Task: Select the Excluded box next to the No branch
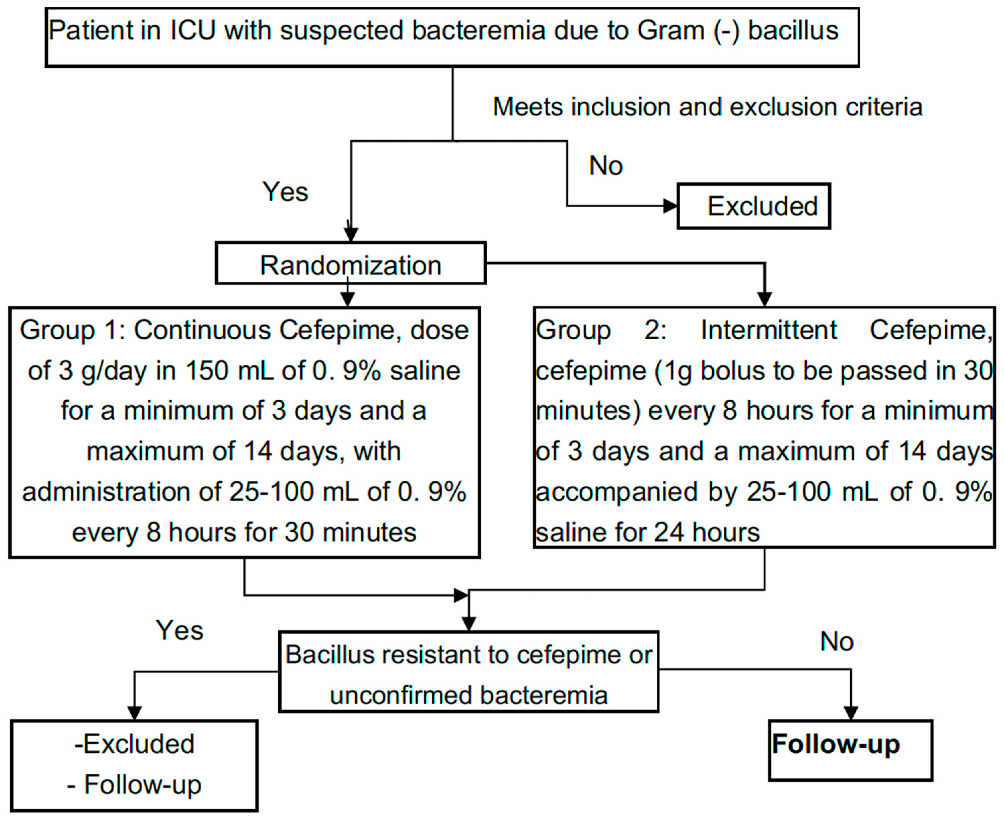[x=754, y=206]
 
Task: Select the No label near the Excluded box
[x=605, y=166]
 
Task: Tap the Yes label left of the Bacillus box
[x=180, y=631]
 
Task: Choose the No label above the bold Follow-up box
[x=837, y=641]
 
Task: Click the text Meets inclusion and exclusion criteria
[x=707, y=107]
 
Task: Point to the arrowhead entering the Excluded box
[x=670, y=206]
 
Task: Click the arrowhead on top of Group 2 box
[x=764, y=299]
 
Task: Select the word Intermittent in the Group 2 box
[x=768, y=330]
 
